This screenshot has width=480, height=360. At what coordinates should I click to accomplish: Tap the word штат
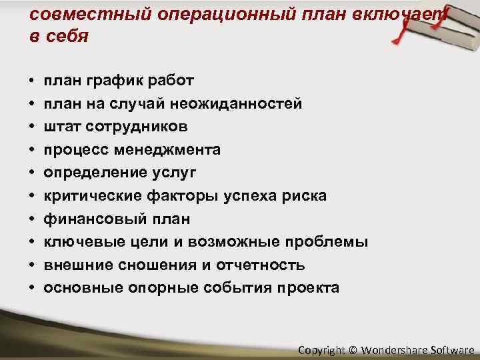[x=62, y=127]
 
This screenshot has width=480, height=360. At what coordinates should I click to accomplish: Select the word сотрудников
[x=136, y=127]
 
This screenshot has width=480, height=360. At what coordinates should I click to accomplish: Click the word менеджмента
[x=165, y=150]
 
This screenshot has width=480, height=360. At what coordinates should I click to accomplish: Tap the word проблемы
[x=329, y=242]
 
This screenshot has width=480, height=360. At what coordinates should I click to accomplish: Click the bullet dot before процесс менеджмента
[x=33, y=150]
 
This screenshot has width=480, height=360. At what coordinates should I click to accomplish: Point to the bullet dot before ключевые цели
[x=33, y=242]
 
